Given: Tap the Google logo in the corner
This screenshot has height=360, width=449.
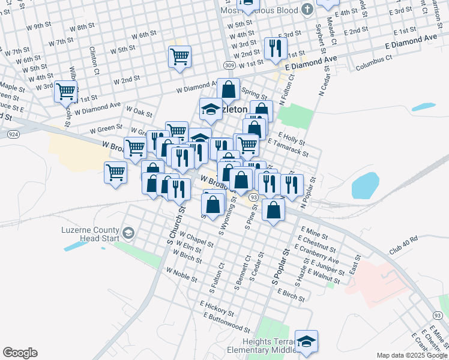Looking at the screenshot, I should [20, 353].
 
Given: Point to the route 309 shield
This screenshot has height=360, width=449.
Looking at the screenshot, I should [228, 65].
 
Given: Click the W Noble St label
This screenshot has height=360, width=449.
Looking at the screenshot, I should [182, 276].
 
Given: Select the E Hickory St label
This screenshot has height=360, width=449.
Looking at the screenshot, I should [217, 308].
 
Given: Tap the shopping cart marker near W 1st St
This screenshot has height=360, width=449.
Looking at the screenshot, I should [66, 92].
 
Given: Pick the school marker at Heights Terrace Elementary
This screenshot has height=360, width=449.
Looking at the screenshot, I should [306, 341].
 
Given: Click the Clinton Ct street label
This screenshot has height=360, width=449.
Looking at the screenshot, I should [94, 60].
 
